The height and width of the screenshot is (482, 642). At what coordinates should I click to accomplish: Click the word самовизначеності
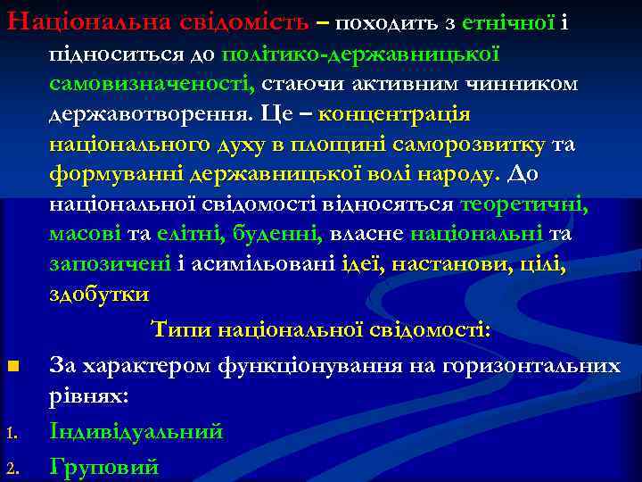152,84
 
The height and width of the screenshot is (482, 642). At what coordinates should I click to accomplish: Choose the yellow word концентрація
394,115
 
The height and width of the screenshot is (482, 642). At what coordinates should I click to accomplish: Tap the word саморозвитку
474,145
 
